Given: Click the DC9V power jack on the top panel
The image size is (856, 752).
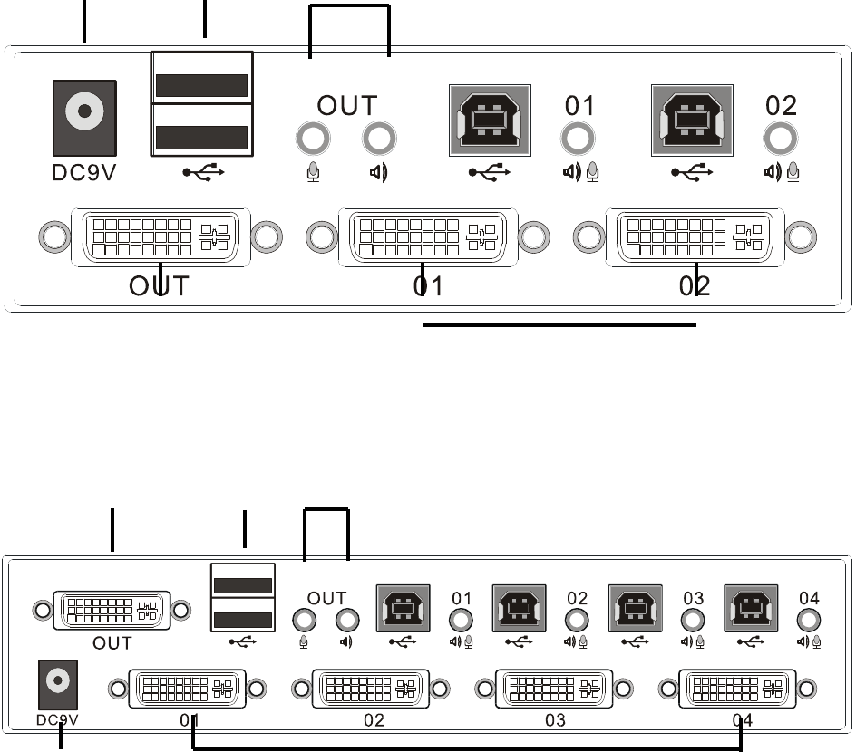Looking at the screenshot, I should click(85, 112).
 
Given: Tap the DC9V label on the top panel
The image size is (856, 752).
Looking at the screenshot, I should click(84, 171).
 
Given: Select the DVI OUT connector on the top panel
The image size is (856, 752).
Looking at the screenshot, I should click(160, 236).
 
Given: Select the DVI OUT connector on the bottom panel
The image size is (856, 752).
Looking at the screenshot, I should click(112, 611).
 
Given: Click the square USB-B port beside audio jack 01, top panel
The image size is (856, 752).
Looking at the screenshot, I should click(490, 121).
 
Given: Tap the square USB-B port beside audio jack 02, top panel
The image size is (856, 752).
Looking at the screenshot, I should click(693, 121).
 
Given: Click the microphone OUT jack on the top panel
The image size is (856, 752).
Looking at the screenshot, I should click(314, 140).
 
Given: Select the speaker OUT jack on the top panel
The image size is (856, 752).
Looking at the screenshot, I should click(379, 140).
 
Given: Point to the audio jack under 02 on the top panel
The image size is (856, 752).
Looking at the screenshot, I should click(781, 140).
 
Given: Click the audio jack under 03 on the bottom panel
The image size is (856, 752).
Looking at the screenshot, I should click(693, 621).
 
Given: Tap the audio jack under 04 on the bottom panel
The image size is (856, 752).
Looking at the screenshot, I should click(809, 621).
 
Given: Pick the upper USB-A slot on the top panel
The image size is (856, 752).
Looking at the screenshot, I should click(202, 84).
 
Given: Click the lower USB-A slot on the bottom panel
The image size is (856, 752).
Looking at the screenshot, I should click(243, 621).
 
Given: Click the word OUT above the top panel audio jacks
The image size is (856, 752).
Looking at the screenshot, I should click(346, 105).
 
